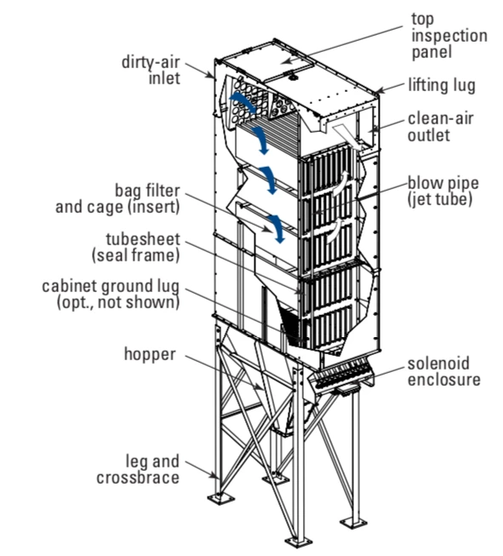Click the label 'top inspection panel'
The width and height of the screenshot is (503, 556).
coord(449,36)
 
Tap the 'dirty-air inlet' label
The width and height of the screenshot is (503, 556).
coord(151,70)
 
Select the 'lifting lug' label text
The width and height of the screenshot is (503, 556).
coord(442,85)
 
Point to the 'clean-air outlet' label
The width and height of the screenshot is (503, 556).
coord(440,127)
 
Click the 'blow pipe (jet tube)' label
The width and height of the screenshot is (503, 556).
coord(443,191)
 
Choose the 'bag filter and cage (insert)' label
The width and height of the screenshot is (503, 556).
coord(117,198)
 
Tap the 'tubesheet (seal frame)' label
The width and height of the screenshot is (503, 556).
coord(136,247)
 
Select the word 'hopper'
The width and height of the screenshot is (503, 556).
coord(150,354)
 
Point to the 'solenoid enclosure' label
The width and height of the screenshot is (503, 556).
coord(443,371)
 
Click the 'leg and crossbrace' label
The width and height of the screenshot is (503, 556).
coord(138,469)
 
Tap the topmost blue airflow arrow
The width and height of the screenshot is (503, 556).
coord(243,102)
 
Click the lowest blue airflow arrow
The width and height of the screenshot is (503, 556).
coord(277,228)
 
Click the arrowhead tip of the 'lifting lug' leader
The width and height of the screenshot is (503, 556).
coord(377,93)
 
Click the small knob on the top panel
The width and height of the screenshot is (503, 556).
coord(293,77)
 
